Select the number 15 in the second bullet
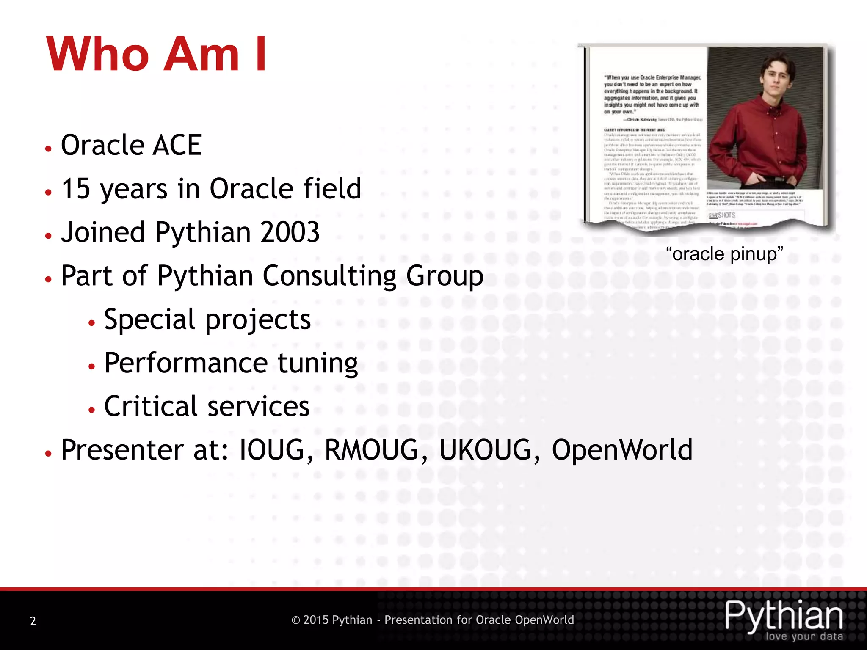[x=76, y=189]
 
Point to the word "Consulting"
[x=329, y=276]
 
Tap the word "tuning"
[x=318, y=363]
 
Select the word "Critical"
[x=151, y=406]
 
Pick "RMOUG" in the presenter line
[x=372, y=450]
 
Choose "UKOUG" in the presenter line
[x=485, y=450]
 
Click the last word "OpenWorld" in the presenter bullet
[x=622, y=450]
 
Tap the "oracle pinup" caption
[x=724, y=254]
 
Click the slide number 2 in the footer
[x=33, y=621]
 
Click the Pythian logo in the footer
[x=784, y=616]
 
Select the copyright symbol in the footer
[x=296, y=620]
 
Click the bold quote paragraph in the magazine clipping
[x=652, y=94]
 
